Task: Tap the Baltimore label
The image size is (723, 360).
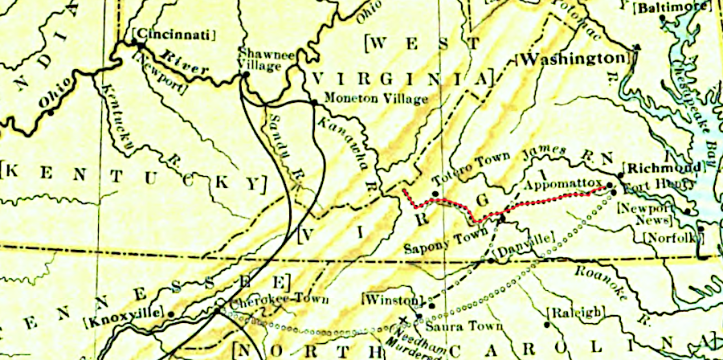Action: (x=662, y=8)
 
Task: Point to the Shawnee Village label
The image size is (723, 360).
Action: (x=258, y=58)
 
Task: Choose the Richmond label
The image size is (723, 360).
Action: (x=658, y=169)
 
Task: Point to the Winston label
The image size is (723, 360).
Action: (x=392, y=299)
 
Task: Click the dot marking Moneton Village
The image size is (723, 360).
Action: (x=313, y=102)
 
